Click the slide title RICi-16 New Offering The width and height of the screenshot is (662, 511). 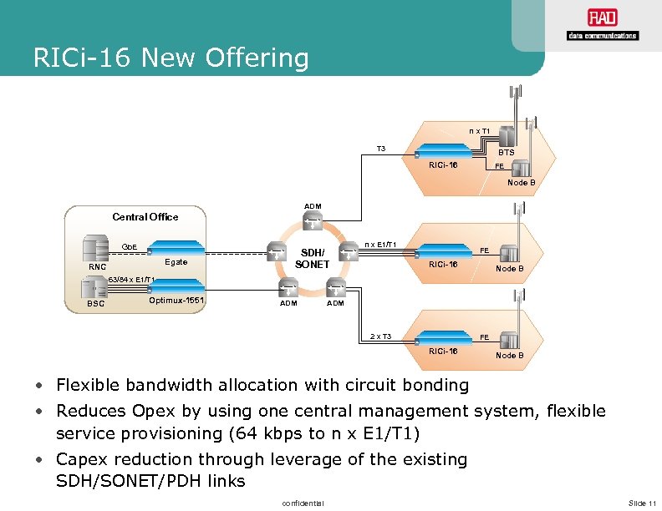171,58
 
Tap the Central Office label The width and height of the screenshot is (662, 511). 145,217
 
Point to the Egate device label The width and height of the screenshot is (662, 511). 176,262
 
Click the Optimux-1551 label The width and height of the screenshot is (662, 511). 176,300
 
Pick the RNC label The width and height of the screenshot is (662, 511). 98,267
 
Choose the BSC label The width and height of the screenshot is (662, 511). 96,304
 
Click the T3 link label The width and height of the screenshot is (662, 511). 381,149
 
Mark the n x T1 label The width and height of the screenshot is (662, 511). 479,131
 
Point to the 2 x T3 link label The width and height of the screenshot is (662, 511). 380,336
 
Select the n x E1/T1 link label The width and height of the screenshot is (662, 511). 379,244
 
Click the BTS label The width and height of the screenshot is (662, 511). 507,153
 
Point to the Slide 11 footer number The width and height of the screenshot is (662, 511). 642,501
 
